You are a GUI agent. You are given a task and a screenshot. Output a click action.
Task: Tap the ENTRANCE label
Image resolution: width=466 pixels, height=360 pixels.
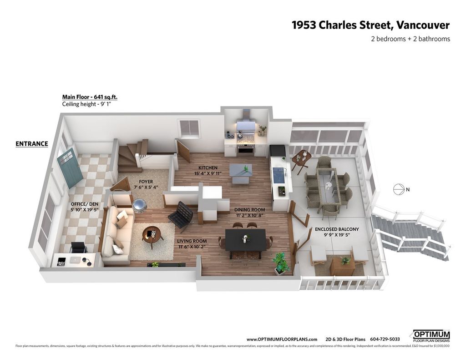32,144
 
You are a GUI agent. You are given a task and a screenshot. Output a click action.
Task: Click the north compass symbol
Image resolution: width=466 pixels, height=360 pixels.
398,189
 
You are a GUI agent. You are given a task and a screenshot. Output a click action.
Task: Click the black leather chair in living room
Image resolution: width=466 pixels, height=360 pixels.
182,215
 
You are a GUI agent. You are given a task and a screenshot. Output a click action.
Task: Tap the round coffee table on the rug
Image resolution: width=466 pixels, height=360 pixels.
152,234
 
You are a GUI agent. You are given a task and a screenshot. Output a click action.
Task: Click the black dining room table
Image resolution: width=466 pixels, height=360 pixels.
246,239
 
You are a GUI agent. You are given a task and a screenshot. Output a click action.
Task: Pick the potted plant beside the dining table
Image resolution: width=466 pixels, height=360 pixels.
280,264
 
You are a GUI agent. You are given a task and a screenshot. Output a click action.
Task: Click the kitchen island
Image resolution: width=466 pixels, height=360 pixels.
241,173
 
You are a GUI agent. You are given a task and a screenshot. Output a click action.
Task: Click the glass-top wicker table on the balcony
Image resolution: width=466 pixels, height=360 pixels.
328,187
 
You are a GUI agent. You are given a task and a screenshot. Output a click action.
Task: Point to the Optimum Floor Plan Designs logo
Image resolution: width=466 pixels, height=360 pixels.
431,336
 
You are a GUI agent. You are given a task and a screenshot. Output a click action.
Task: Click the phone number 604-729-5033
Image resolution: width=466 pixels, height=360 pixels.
385,339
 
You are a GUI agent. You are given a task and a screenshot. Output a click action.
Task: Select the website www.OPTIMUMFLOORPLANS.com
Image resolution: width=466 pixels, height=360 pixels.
282,339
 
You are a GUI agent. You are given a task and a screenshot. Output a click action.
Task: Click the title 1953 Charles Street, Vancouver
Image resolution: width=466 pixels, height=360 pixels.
370,25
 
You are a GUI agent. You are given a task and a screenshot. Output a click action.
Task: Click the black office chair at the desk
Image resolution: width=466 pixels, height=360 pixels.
79,248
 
